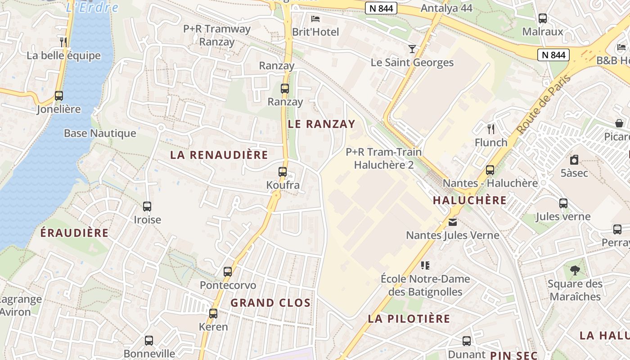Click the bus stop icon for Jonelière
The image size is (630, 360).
59,95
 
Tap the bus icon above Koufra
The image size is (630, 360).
283,171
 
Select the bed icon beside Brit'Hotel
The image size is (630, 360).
315,18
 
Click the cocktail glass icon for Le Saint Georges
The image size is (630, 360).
412,49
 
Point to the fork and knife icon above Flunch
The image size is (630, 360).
491,129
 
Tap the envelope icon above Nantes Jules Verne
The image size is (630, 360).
452,222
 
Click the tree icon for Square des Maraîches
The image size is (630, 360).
575,270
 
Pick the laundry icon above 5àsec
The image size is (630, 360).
574,159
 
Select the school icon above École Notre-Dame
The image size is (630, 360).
425,265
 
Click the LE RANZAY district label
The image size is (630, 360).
321,124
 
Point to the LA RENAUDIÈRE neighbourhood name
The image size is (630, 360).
219,155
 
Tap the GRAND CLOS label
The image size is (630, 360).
270,303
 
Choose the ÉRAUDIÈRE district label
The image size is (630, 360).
74,233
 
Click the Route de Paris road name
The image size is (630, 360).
544,104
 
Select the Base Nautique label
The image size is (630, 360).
100,133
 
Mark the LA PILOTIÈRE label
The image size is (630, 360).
409,319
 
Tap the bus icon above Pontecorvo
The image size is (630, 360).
228,272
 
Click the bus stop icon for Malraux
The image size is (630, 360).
543,18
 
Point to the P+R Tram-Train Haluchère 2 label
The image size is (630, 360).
383,158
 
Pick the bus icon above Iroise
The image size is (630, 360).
147,207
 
